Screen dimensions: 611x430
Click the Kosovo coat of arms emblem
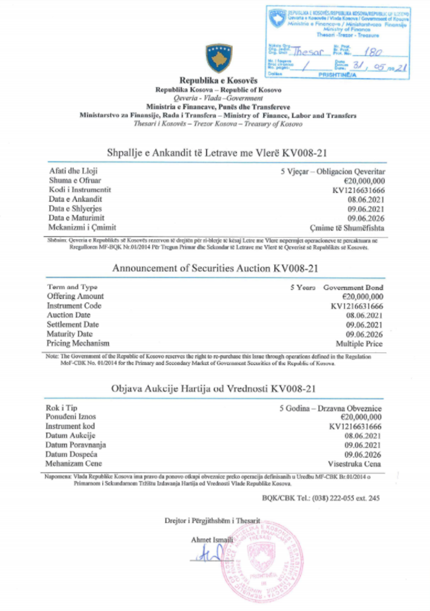pyautogui.click(x=219, y=58)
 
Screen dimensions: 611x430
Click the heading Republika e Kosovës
pyautogui.click(x=218, y=81)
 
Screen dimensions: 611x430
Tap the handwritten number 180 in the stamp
pyautogui.click(x=373, y=52)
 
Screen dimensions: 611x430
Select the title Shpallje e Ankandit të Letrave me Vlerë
pyautogui.click(x=217, y=153)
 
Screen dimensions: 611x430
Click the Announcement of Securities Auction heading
pyautogui.click(x=215, y=268)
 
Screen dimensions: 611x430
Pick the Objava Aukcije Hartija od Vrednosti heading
pyautogui.click(x=213, y=388)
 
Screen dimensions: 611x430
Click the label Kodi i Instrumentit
pyautogui.click(x=80, y=190)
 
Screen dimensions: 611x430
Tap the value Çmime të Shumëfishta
pyautogui.click(x=347, y=228)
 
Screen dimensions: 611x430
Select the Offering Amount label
pyautogui.click(x=75, y=296)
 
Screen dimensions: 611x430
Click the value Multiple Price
pyautogui.click(x=359, y=344)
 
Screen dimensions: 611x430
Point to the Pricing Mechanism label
pyautogui.click(x=78, y=343)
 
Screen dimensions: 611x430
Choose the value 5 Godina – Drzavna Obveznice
pyautogui.click(x=330, y=408)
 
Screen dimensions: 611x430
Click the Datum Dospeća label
pyautogui.click(x=72, y=454)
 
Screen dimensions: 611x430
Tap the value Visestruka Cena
pyautogui.click(x=354, y=464)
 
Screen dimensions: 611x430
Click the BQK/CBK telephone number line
pyautogui.click(x=321, y=498)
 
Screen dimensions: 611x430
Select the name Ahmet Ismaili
pyautogui.click(x=212, y=539)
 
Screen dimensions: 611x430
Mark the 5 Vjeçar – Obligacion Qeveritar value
pyautogui.click(x=333, y=171)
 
